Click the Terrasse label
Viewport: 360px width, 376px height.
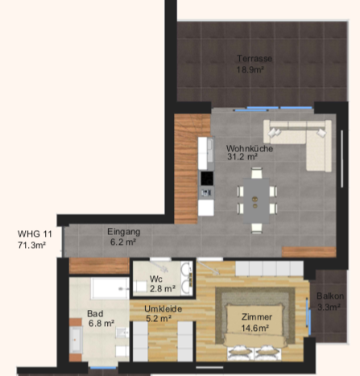coord(254,58)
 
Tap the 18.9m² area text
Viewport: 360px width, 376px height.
coord(250,70)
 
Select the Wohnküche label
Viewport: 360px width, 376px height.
coord(250,148)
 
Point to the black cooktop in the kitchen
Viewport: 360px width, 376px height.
coord(207,179)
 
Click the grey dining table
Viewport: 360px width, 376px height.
coord(256,200)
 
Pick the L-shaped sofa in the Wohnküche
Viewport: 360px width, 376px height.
coord(298,145)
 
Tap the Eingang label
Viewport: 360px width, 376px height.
coord(123,232)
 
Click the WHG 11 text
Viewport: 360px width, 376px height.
coord(35,233)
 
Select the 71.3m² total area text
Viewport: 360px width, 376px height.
coord(31,245)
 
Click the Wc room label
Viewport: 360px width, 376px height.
coord(156,279)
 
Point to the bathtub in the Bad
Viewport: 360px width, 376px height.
coord(110,288)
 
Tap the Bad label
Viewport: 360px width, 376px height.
coord(95,313)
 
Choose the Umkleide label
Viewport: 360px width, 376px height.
coord(163,309)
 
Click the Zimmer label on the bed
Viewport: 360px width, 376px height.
coord(257,317)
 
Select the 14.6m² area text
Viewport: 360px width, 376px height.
coord(255,328)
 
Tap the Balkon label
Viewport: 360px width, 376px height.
coord(330,296)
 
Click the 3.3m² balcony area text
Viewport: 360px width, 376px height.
coord(329,307)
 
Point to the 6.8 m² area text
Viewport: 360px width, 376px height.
coord(101,324)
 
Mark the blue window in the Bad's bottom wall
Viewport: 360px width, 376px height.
coord(103,368)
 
